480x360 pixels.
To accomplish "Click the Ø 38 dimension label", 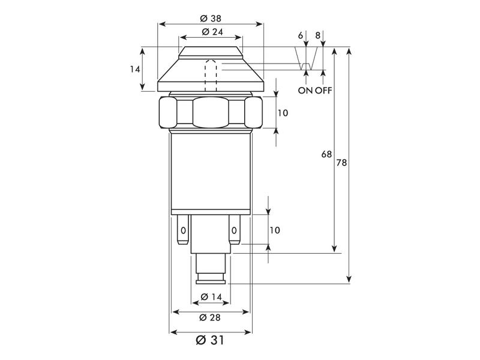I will (210, 17).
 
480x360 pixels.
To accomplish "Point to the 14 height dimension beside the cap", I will (135, 69).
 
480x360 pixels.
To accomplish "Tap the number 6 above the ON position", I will (300, 36).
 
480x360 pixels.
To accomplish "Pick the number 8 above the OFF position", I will (318, 36).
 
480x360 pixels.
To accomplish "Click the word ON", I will (305, 91).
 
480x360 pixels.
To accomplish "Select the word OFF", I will (323, 91).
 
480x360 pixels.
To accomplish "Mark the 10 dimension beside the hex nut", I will (283, 113).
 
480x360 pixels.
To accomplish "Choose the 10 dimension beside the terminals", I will (275, 230).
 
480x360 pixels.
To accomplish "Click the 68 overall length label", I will (326, 154).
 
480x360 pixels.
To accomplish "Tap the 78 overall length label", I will (341, 163).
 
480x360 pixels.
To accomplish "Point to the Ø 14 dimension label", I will (209, 297).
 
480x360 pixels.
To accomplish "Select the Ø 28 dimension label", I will (210, 317).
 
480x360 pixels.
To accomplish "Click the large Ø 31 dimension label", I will (210, 340).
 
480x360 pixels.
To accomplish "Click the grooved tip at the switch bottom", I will (210, 277).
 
